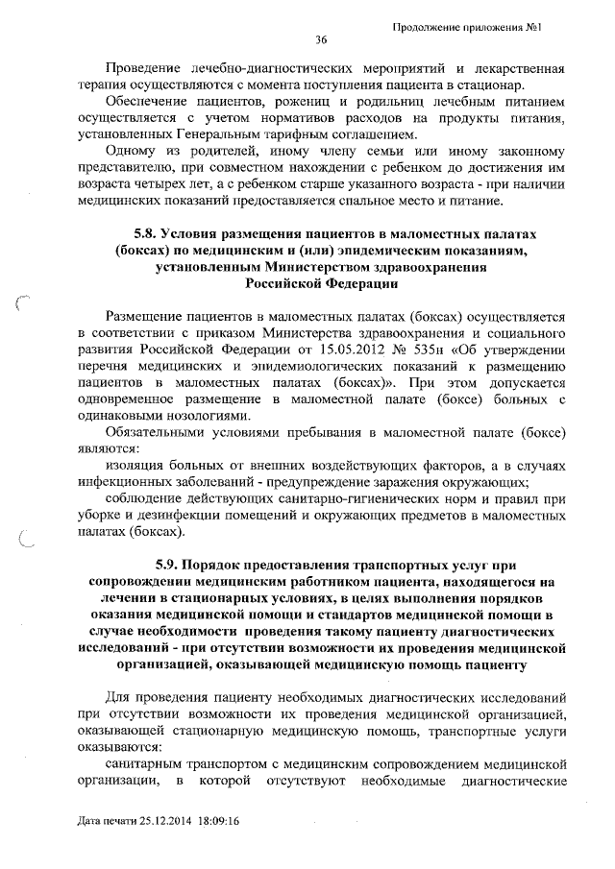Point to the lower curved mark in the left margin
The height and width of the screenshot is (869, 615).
pyautogui.click(x=28, y=543)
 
